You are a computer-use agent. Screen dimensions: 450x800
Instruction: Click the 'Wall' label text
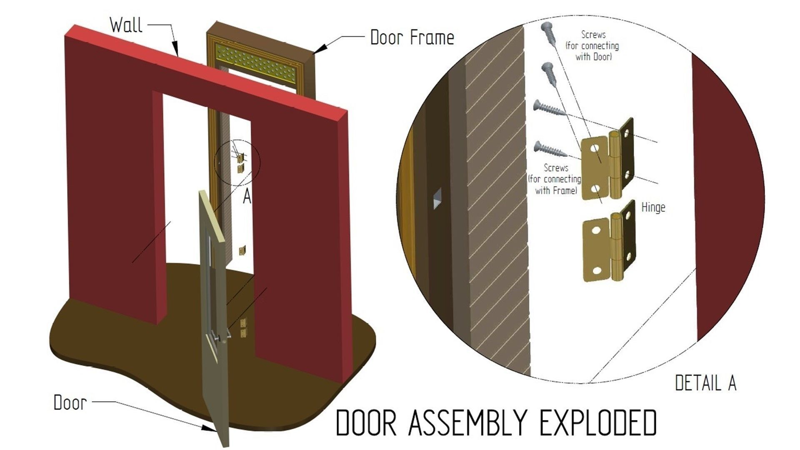point(126,25)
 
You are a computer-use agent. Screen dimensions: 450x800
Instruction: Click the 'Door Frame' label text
point(412,37)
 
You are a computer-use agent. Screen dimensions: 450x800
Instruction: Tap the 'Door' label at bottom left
point(70,402)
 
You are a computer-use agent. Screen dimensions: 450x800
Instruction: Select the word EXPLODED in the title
point(598,422)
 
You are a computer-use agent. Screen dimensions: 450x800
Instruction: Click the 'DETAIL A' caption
point(705,383)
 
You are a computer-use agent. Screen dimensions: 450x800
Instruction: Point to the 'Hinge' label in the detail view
point(653,207)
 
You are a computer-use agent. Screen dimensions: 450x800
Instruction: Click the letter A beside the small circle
point(247,197)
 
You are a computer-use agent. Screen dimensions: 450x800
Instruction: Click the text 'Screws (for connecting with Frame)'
point(555,179)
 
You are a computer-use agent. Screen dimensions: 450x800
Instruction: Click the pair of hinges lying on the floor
point(244,328)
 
